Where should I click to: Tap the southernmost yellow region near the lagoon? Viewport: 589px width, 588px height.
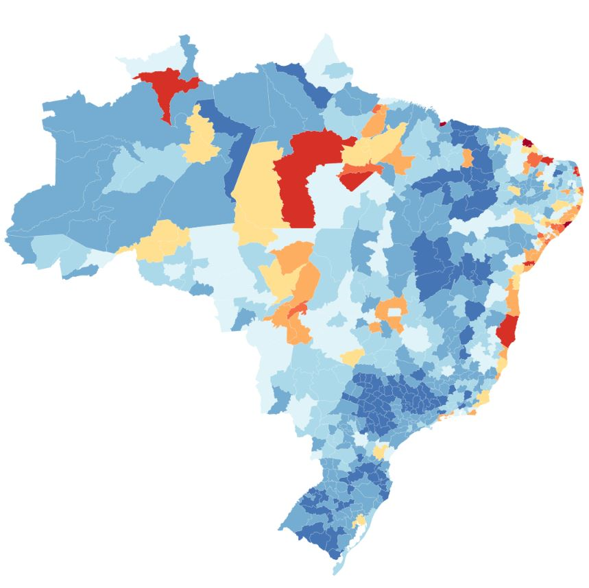pyautogui.click(x=359, y=522)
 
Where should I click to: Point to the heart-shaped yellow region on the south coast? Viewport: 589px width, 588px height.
pyautogui.click(x=380, y=450)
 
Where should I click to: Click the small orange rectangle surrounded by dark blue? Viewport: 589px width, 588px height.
pyautogui.click(x=468, y=157)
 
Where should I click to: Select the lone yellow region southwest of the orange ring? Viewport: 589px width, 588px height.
pyautogui.click(x=353, y=357)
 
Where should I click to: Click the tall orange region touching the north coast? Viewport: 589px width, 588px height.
pyautogui.click(x=374, y=123)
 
